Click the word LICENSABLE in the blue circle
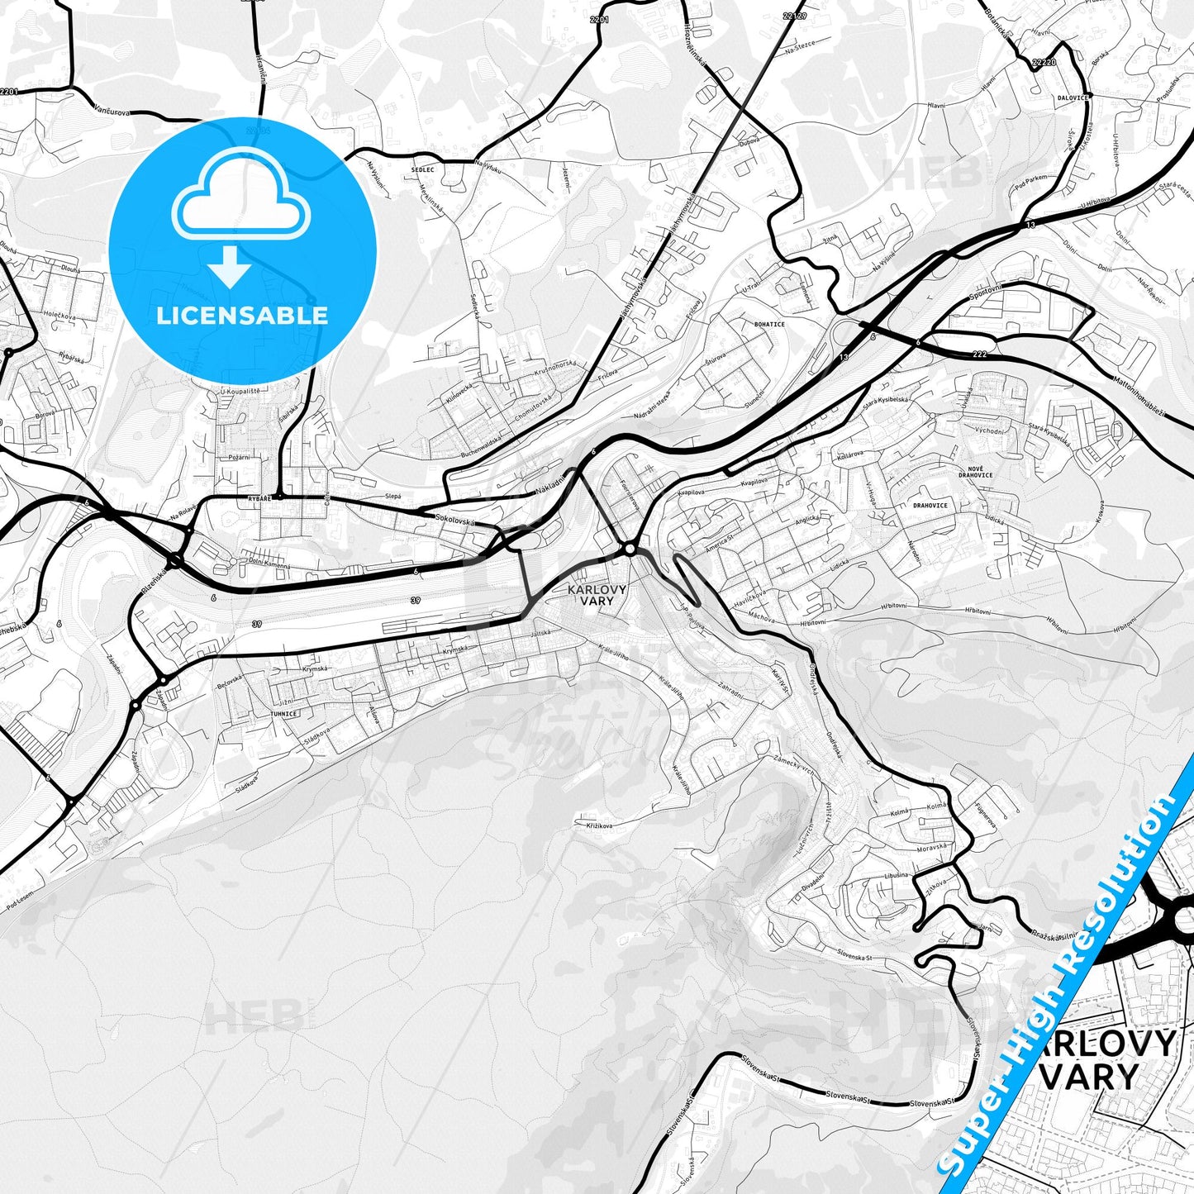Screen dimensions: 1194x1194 coord(242,315)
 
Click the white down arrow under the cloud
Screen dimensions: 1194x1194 coord(230,266)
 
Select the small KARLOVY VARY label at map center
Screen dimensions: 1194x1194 coord(597,595)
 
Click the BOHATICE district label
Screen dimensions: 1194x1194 coord(769,324)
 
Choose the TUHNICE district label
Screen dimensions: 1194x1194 coord(283,713)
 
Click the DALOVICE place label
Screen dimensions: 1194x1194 coord(1073,98)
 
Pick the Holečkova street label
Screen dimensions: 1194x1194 coord(59,315)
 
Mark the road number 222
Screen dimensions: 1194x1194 coord(980,354)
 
